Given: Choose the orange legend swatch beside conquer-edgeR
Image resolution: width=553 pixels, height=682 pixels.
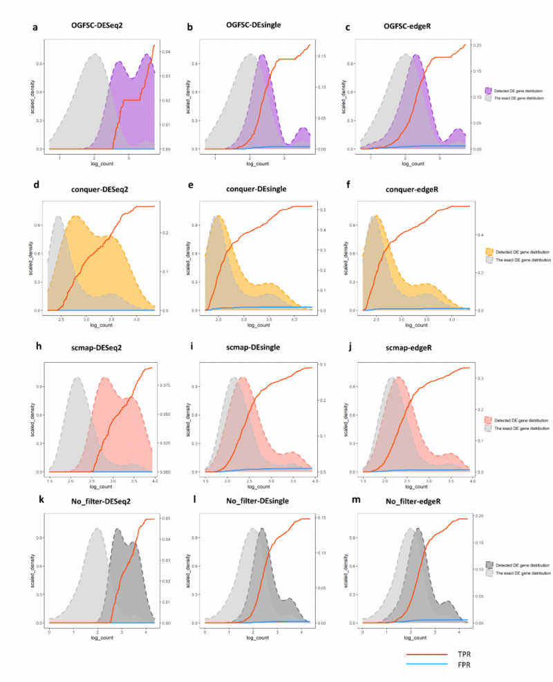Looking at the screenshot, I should tap(489, 252).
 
